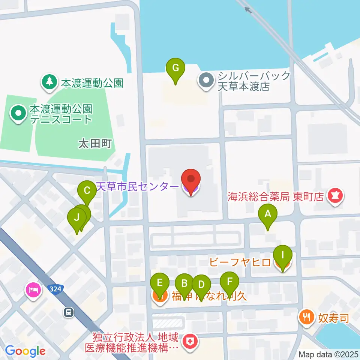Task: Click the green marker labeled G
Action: click(175, 69)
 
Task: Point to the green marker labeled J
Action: click(76, 218)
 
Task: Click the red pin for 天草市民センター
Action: click(191, 179)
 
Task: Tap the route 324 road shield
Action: click(55, 289)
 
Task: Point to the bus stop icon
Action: click(69, 312)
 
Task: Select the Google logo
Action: click(25, 351)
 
